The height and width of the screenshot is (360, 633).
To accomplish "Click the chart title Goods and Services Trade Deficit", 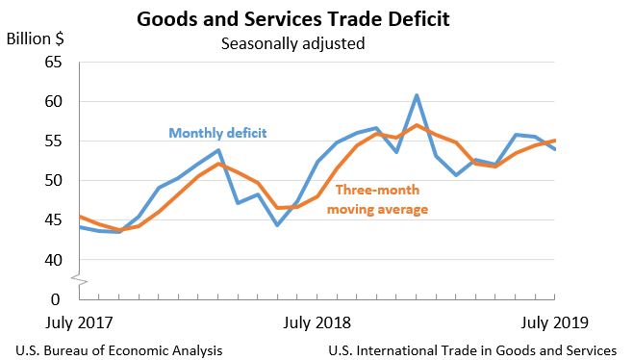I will click(306, 18).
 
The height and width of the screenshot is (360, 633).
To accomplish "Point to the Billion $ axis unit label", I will click(36, 39).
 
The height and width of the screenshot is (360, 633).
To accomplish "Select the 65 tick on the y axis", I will click(51, 63).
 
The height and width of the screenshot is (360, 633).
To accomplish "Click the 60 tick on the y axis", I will click(51, 102).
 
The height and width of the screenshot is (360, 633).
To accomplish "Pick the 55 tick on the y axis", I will click(51, 141).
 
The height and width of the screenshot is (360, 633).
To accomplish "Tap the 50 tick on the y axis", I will click(51, 181).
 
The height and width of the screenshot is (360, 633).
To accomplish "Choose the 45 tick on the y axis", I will click(51, 220).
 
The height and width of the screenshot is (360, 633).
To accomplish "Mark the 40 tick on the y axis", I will click(51, 260).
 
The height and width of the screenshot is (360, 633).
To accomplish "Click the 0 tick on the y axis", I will click(56, 299).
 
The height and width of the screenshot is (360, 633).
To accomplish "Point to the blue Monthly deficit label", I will click(217, 133).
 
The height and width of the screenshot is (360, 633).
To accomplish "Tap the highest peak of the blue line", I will click(417, 95).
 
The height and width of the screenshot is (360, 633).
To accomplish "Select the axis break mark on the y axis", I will click(79, 281).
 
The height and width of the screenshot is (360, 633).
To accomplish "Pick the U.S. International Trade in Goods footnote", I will click(471, 349).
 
